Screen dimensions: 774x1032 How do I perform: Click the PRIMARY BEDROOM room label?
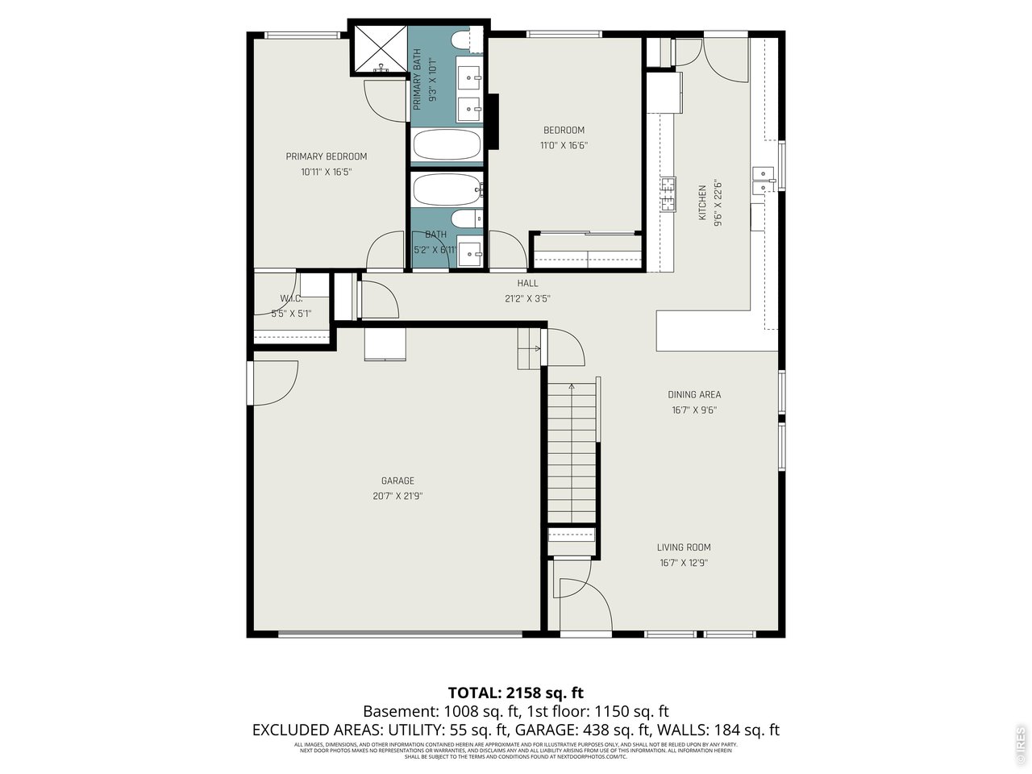tap(326, 156)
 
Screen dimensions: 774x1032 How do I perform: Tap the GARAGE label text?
tap(397, 481)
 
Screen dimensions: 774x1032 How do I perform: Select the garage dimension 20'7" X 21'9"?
tap(397, 496)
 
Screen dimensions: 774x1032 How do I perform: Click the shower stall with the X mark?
tap(379, 49)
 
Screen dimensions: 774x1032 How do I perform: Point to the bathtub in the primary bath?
tap(447, 146)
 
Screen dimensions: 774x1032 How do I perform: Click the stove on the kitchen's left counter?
tap(668, 194)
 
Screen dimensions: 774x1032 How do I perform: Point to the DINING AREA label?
tap(693, 394)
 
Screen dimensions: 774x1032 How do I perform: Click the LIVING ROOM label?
tap(684, 547)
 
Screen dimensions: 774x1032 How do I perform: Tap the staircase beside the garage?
tap(572, 456)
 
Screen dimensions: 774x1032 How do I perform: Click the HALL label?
tap(527, 283)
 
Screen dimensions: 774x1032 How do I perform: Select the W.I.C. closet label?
tap(291, 299)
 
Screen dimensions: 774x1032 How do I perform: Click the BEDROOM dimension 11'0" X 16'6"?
tap(564, 146)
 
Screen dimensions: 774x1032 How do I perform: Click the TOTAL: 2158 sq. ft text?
tap(515, 693)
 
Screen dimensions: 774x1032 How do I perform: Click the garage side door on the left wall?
tap(273, 383)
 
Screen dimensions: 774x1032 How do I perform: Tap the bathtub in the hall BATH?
tap(447, 190)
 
